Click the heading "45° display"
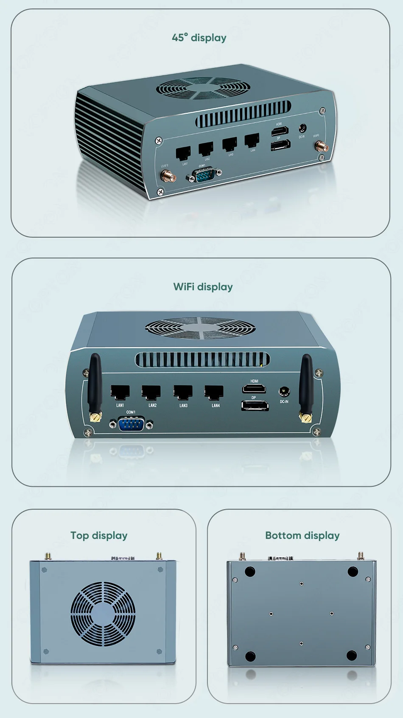(199, 38)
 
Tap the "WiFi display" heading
(203, 287)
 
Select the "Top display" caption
(99, 536)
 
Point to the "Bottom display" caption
(302, 536)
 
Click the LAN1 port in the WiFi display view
(120, 392)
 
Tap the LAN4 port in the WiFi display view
(214, 392)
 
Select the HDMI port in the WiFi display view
(254, 388)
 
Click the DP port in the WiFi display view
(255, 406)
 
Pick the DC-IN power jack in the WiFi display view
(284, 392)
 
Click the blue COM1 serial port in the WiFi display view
(131, 424)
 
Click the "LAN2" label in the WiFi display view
(152, 406)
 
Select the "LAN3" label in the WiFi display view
(183, 406)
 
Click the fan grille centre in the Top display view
(103, 614)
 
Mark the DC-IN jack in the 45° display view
(303, 128)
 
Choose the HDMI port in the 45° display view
(280, 131)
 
